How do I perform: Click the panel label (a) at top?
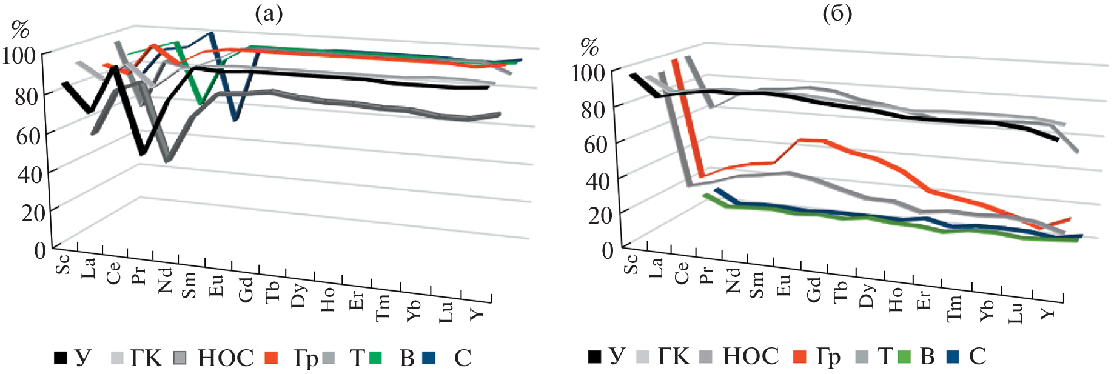click(269, 13)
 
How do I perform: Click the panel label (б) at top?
click(837, 13)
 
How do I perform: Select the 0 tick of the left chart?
click(39, 250)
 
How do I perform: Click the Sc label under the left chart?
click(62, 264)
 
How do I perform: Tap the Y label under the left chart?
click(477, 313)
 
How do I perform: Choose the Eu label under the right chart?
click(783, 285)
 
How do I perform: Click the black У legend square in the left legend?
click(61, 358)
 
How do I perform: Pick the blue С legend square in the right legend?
click(953, 357)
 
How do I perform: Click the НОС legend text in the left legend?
click(226, 358)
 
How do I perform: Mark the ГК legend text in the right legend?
click(674, 356)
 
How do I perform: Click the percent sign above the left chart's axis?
click(21, 28)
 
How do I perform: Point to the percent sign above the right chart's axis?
click(589, 45)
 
